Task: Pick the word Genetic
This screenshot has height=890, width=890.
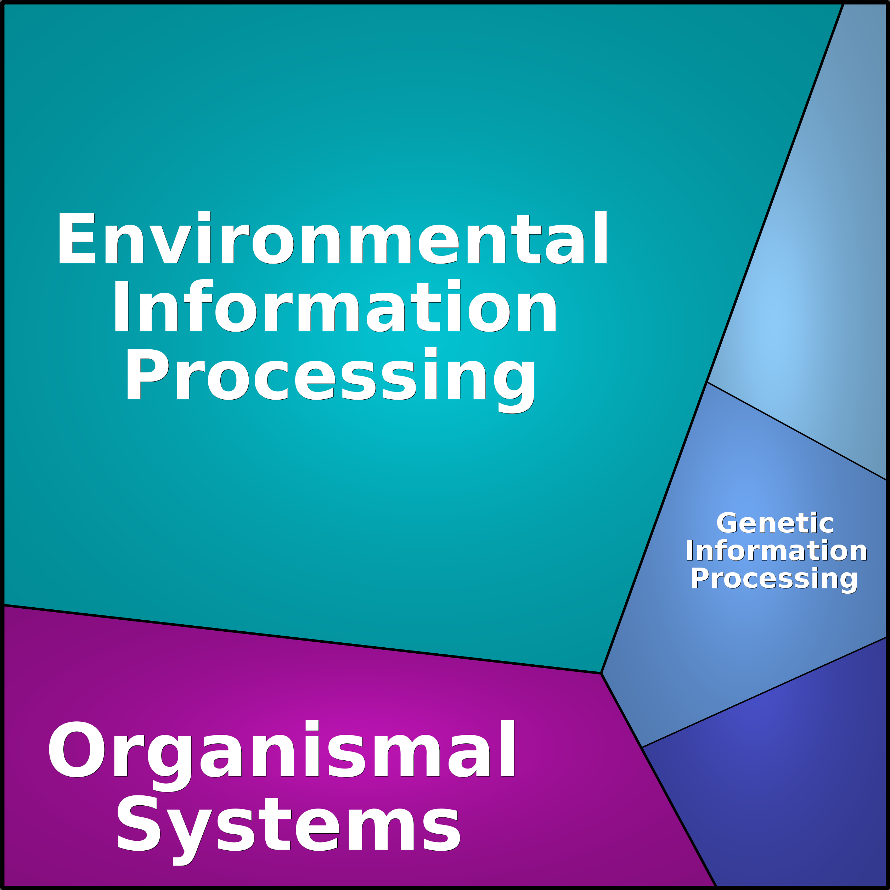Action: pyautogui.click(x=775, y=523)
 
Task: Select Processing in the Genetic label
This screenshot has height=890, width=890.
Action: pyautogui.click(x=774, y=580)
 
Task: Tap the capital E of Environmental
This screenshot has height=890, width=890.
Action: pyautogui.click(x=77, y=238)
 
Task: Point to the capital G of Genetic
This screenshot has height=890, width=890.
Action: pyautogui.click(x=727, y=524)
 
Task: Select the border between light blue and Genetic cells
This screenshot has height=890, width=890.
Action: pyautogui.click(x=797, y=431)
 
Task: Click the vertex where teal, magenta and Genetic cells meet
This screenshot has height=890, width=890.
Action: pyautogui.click(x=602, y=674)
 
